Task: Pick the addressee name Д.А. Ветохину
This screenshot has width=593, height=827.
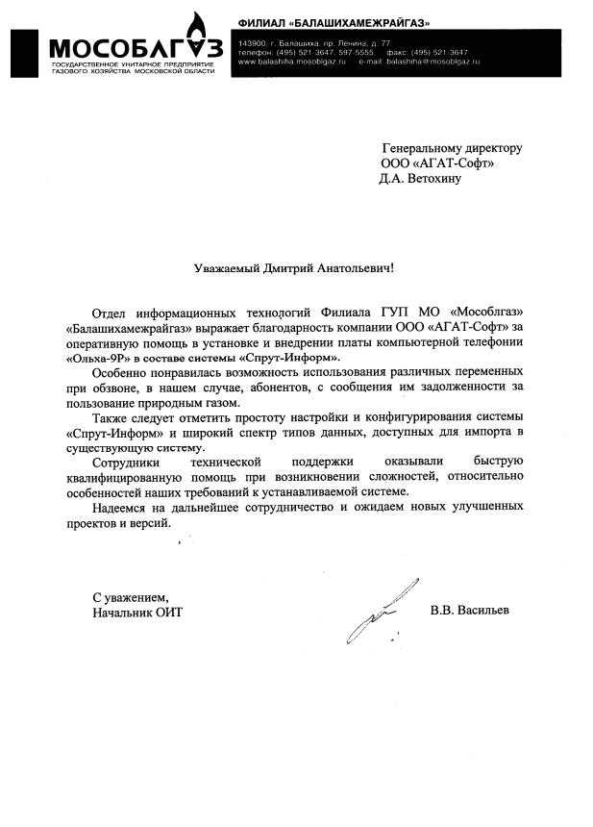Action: (421, 178)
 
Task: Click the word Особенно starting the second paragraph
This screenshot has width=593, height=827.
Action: (122, 372)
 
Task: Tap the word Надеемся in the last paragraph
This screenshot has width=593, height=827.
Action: (124, 508)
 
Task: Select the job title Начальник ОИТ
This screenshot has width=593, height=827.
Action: (136, 613)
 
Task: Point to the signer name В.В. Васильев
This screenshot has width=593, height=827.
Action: (471, 613)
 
